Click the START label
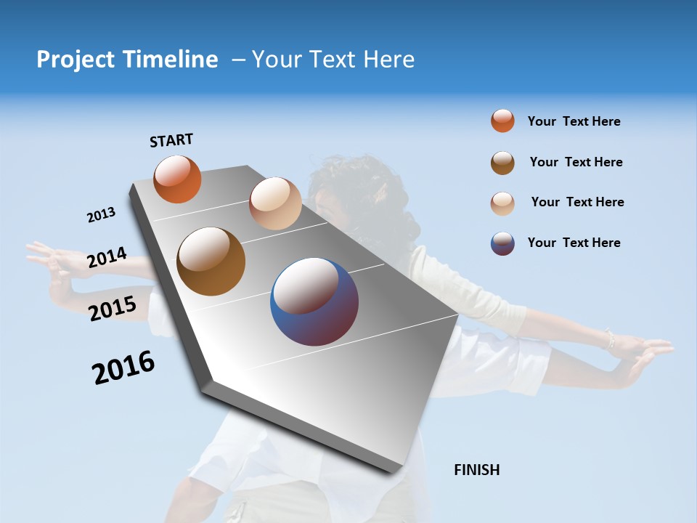(x=171, y=140)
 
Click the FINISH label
(x=476, y=470)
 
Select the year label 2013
(x=101, y=215)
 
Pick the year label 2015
(x=112, y=309)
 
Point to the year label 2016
(x=123, y=368)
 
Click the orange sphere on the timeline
(x=177, y=179)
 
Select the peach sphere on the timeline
(x=275, y=203)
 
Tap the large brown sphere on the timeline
(x=211, y=261)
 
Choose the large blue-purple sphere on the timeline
(x=314, y=301)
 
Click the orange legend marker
(x=502, y=121)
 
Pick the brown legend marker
(x=502, y=163)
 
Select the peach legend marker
(x=502, y=203)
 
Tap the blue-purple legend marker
(x=502, y=243)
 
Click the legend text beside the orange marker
(x=574, y=121)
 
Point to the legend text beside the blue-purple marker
(x=574, y=243)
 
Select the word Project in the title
(x=75, y=60)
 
